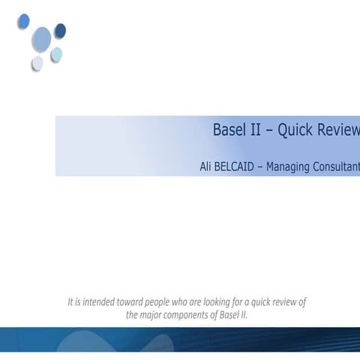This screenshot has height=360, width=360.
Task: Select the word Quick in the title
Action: [x=296, y=130]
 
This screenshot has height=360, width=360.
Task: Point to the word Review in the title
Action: [x=339, y=130]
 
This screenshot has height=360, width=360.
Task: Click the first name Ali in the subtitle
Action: [x=207, y=166]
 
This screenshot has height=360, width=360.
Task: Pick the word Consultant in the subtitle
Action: [x=341, y=166]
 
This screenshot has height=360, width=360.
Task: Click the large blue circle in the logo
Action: [x=42, y=38]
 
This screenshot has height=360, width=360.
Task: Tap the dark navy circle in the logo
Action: [x=60, y=31]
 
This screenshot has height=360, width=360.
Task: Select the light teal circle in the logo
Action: [x=56, y=54]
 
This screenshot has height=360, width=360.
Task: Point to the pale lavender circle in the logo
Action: [x=37, y=63]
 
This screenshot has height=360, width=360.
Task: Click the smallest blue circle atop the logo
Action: [x=24, y=20]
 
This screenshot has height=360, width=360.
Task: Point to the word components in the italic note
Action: [x=184, y=315]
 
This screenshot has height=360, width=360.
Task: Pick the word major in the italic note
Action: [x=152, y=315]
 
